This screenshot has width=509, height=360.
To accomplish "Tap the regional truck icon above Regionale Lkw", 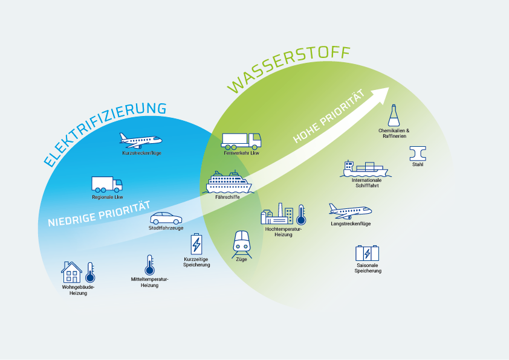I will point(107,184).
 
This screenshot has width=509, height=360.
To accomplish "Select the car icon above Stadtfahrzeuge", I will point(166,218).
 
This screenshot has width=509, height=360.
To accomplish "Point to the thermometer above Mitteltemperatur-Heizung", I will point(149,265).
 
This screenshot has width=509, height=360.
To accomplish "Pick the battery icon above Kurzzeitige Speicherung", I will point(196,245).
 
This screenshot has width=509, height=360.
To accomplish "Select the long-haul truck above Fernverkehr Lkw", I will point(241,141).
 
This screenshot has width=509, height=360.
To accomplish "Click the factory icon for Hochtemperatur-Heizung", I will point(277,214).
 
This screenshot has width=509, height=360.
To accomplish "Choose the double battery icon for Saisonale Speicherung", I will point(368,254).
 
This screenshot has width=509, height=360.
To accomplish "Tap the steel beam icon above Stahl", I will point(418,152).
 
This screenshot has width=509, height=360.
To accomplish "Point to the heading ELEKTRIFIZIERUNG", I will point(105,133).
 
